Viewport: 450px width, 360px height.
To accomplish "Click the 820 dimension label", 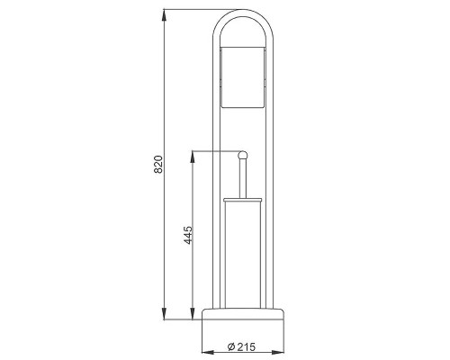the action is (158, 165).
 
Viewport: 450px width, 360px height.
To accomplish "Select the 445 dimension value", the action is (188, 235).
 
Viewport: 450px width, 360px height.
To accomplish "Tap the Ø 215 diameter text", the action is (241, 346).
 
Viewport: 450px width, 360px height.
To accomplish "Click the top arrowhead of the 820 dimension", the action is (164, 15).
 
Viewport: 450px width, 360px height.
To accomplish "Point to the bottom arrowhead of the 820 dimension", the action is (164, 314).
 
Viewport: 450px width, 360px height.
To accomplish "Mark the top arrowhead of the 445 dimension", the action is (193, 157).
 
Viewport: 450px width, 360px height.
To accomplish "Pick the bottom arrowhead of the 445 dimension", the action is (193, 314).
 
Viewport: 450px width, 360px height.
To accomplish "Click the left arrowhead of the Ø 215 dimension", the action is (208, 352).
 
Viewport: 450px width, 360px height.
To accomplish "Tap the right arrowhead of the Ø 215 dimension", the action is (278, 352).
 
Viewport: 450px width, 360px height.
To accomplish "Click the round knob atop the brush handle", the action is (242, 156).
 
